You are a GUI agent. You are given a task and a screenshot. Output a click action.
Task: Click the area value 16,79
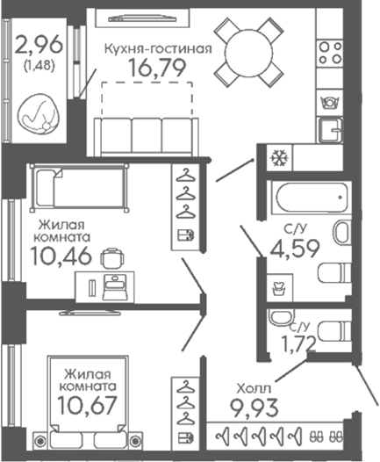pyautogui.click(x=157, y=68)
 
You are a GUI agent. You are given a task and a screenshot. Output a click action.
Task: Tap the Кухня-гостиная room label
pyautogui.click(x=158, y=49)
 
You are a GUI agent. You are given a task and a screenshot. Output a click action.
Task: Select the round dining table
pyautogui.click(x=247, y=53)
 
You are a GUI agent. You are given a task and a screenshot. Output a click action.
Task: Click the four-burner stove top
pyautogui.click(x=330, y=53)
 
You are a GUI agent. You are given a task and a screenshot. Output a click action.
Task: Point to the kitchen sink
pyautogui.click(x=330, y=130)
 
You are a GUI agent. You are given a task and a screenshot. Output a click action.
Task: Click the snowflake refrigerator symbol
pyautogui.click(x=279, y=157)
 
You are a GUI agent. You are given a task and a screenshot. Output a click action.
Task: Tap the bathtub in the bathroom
pyautogui.click(x=312, y=197)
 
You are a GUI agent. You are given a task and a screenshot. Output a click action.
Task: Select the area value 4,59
pyautogui.click(x=295, y=249)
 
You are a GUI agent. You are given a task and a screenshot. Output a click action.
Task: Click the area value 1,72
pyautogui.click(x=298, y=343)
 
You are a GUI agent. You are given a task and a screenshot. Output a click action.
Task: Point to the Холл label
pyautogui.click(x=254, y=389)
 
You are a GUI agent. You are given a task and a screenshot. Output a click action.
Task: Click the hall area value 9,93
pyautogui.click(x=254, y=408)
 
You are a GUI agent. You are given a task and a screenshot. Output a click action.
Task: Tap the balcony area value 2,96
pyautogui.click(x=39, y=44)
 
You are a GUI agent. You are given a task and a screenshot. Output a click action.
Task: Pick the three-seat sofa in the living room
pyautogui.click(x=147, y=137)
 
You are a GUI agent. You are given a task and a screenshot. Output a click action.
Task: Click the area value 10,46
pyautogui.click(x=61, y=256)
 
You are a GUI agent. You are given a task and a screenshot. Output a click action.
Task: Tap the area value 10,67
pyautogui.click(x=87, y=405)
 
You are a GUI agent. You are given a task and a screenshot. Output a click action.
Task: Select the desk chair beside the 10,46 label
pyautogui.click(x=112, y=258)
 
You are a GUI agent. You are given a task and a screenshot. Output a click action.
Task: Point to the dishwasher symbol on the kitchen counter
pyautogui.click(x=330, y=103)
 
